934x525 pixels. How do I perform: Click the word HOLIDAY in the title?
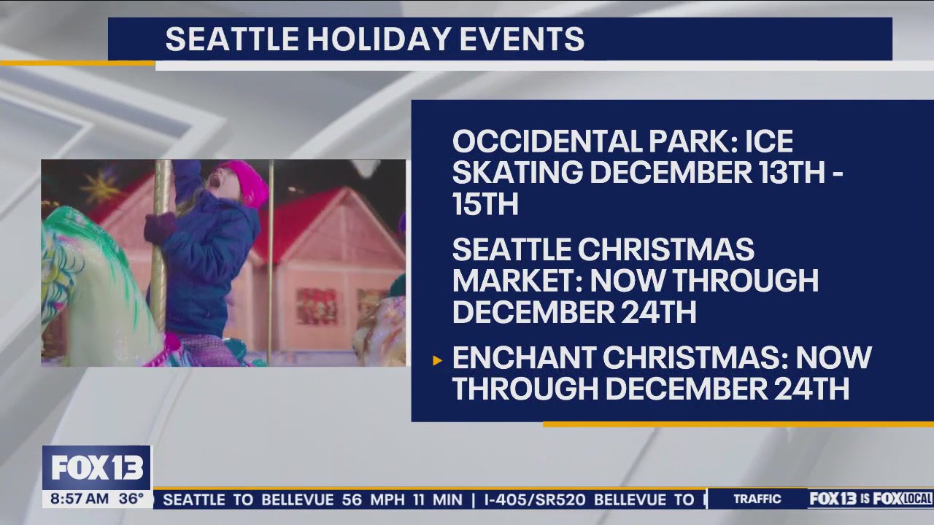[379, 39]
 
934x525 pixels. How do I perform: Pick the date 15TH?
[485, 205]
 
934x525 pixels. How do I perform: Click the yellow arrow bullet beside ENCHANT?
[438, 360]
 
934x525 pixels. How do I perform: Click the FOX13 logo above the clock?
[96, 468]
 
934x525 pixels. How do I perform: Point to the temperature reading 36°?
[131, 499]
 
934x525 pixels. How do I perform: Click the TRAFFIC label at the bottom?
[757, 499]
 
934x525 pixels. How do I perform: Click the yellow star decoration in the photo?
[100, 187]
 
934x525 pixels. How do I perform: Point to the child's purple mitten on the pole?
[159, 228]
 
